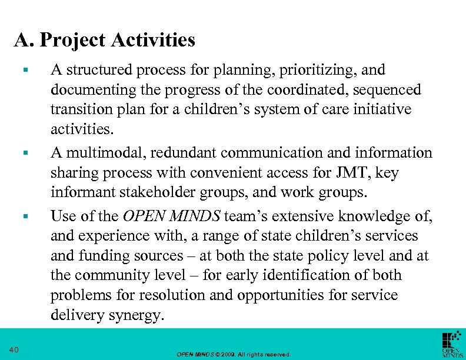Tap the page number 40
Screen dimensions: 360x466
tap(14, 351)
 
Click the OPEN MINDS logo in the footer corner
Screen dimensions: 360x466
tap(452, 345)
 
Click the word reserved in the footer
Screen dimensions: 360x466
tap(277, 355)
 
